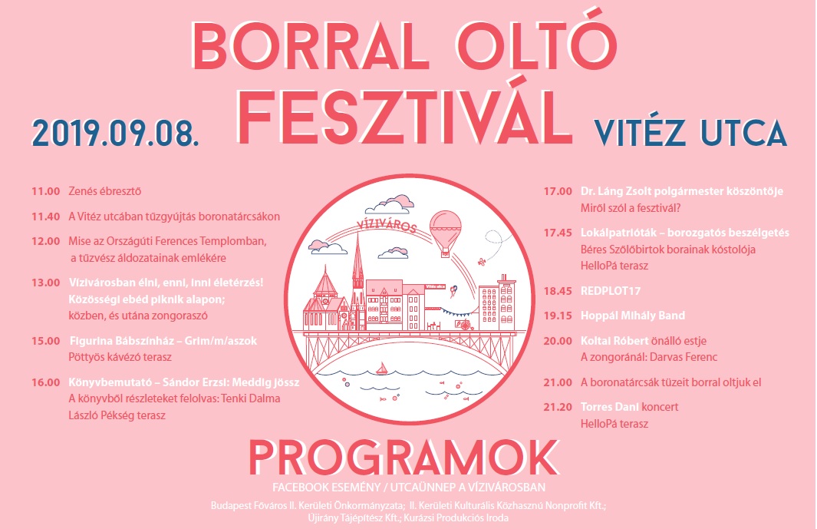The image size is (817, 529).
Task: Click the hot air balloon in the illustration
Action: click(x=446, y=233)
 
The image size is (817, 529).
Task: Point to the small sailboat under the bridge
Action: click(x=383, y=369)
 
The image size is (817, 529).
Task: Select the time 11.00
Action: click(x=46, y=191)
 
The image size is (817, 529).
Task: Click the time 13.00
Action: click(x=46, y=283)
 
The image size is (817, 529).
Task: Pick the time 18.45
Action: click(x=558, y=291)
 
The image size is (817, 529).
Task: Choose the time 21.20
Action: click(x=558, y=407)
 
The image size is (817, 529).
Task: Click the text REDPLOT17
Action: click(x=611, y=291)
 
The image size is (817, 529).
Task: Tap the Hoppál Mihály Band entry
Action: click(x=633, y=316)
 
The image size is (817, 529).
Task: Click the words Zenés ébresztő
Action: click(x=105, y=191)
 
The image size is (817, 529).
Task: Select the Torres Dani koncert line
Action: click(x=629, y=407)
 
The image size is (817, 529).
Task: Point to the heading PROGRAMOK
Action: click(x=404, y=458)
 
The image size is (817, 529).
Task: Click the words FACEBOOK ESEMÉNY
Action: click(x=326, y=488)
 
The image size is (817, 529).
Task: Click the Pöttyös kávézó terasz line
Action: click(x=120, y=357)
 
